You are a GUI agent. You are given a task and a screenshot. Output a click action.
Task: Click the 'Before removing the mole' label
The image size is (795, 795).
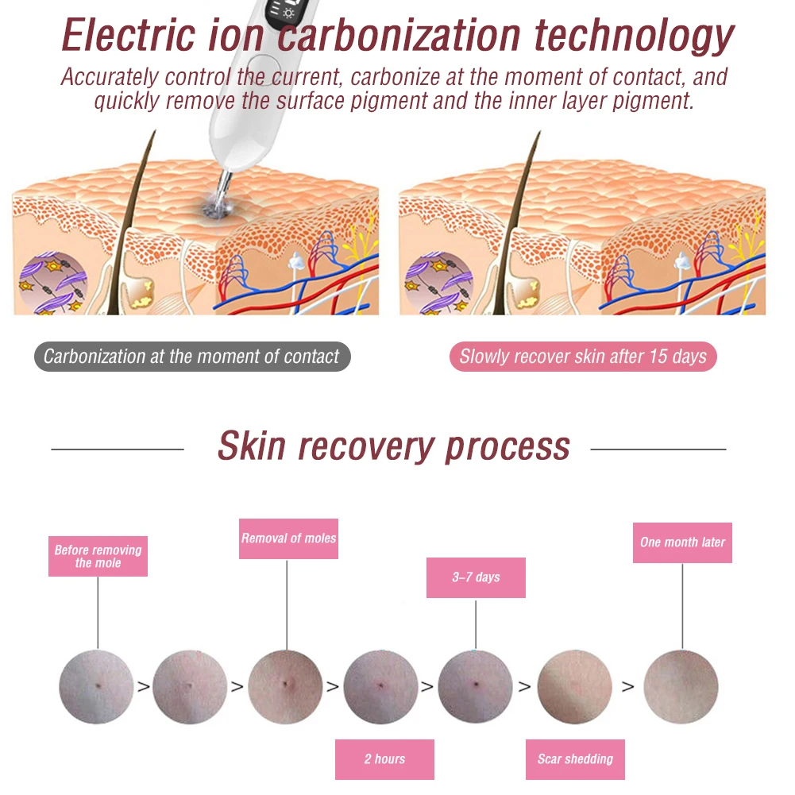(x=98, y=556)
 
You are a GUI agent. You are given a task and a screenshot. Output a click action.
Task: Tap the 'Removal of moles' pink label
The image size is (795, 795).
(x=288, y=538)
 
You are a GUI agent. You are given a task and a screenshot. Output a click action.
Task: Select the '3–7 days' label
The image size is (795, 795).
(x=476, y=577)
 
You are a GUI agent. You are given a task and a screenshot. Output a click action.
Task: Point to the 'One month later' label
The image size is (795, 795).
(x=682, y=542)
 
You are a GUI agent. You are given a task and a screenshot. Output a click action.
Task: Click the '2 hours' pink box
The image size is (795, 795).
(x=384, y=759)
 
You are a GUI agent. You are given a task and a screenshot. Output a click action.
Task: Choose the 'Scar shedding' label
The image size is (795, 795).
(x=575, y=759)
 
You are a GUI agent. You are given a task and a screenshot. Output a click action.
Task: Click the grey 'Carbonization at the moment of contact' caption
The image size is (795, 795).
(x=191, y=357)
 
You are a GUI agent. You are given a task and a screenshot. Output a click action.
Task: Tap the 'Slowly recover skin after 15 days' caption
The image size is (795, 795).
(x=583, y=357)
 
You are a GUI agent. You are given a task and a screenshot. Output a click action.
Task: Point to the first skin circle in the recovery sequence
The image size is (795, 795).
(x=97, y=686)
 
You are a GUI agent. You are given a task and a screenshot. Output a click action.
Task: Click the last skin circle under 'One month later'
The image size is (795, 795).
(x=681, y=686)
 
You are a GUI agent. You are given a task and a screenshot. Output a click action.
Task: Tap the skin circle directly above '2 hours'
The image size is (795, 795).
(x=381, y=686)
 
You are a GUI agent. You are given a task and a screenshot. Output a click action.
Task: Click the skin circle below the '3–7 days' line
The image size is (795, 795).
(x=475, y=686)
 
